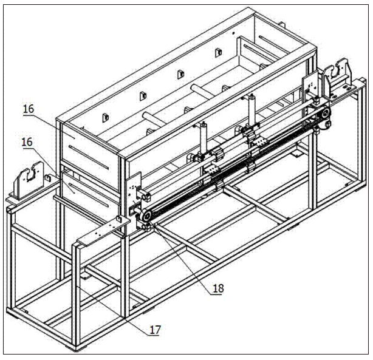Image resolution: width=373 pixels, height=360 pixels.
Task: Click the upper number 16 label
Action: (29, 109)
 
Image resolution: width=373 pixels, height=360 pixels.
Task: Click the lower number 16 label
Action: (27, 142)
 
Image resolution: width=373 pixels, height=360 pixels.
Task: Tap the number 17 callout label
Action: (155, 330)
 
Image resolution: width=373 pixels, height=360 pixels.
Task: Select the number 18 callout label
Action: (218, 288)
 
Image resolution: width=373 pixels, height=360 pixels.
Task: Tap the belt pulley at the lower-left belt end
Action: (145, 215)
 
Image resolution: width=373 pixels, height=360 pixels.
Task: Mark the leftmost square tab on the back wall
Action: (106, 118)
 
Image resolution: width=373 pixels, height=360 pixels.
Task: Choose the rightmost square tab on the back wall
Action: (218, 53)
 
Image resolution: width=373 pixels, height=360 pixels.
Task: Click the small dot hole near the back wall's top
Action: (233, 33)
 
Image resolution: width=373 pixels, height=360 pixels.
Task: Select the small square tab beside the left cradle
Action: (48, 178)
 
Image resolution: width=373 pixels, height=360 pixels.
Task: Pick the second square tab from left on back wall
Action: (143, 96)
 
